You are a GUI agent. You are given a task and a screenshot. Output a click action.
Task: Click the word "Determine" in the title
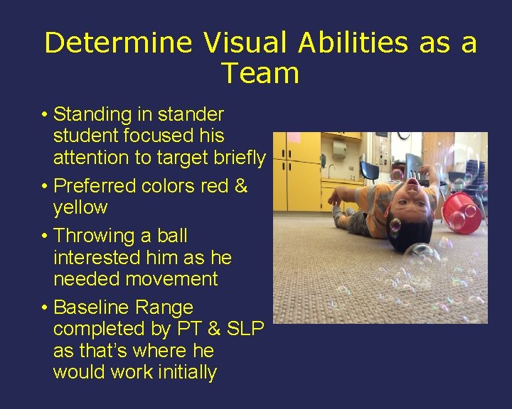(x=118, y=43)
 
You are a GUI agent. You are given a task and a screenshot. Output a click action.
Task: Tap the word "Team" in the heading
(x=260, y=73)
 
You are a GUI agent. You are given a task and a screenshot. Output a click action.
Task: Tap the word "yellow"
(x=80, y=208)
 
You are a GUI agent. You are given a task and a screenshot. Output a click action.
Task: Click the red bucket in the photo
(x=462, y=209)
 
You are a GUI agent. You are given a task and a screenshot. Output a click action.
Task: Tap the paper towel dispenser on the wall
(x=340, y=150)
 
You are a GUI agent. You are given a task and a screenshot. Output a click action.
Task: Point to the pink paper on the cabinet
(x=292, y=138)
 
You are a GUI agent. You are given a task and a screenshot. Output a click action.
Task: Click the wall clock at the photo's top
(x=403, y=135)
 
